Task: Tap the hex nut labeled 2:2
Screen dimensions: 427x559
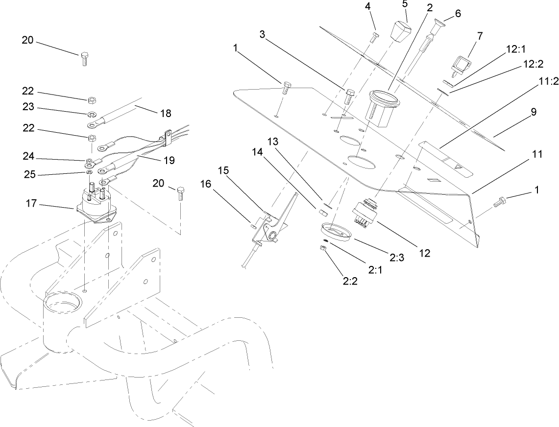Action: [323, 249]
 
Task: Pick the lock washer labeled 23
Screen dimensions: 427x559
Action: [92, 116]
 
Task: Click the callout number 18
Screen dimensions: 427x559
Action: [166, 113]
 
